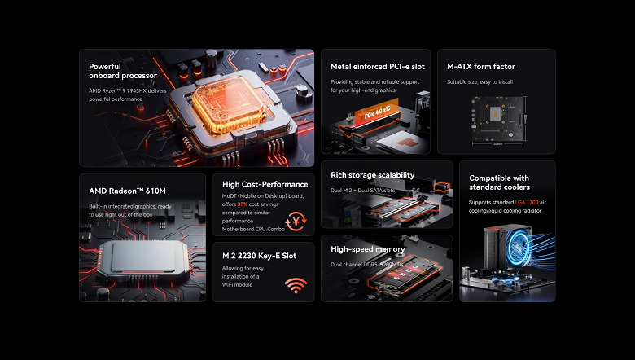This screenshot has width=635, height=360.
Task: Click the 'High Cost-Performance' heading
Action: (265, 184)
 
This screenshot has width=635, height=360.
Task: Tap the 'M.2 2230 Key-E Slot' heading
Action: (259, 256)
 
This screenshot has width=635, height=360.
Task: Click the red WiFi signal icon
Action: (295, 285)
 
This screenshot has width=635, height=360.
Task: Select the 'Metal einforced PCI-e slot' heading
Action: (377, 67)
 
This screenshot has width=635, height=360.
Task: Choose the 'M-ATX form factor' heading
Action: (481, 67)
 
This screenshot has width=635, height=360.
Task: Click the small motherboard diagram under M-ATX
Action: (497, 119)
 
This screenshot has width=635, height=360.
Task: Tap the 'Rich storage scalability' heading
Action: (372, 175)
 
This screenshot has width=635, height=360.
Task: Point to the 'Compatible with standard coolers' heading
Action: (499, 183)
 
